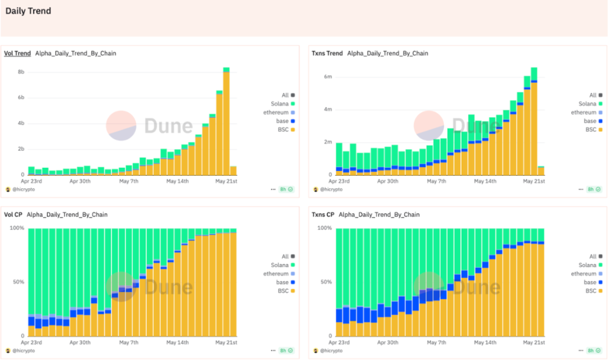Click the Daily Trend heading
28,11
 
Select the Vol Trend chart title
17,54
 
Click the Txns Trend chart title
327,54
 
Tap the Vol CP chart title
14,215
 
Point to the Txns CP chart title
323,215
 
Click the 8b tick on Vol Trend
21,72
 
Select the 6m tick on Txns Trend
328,77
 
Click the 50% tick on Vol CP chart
18,282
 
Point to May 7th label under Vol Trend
129,181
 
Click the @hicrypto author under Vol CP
22,350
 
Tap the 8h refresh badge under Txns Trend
594,190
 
